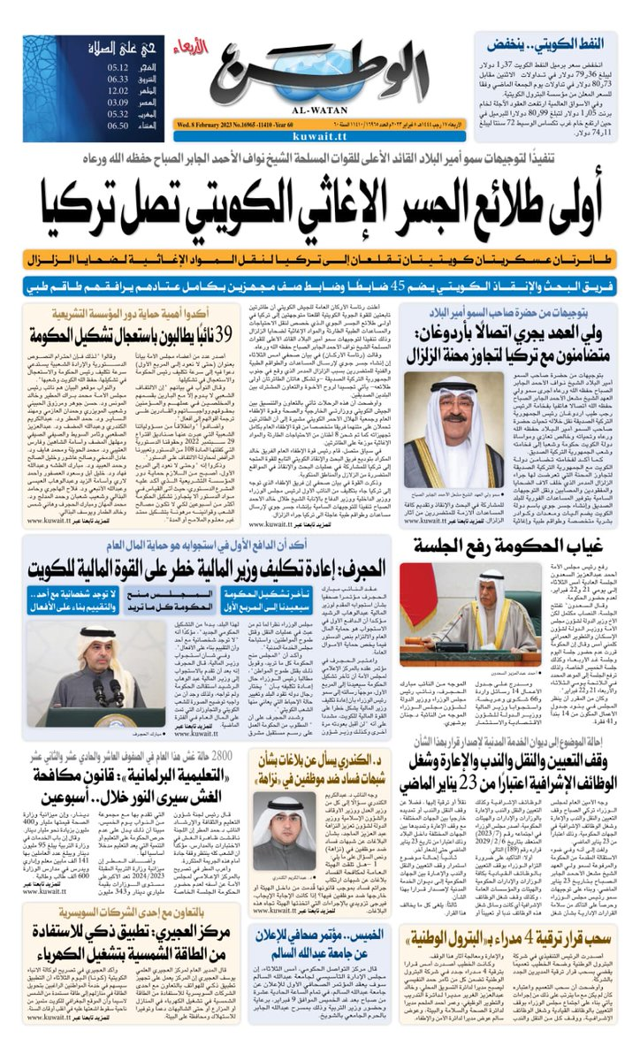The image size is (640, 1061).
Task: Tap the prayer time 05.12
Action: (x=118, y=67)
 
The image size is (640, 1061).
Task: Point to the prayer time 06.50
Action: (x=118, y=126)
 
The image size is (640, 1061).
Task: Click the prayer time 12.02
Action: (x=118, y=91)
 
